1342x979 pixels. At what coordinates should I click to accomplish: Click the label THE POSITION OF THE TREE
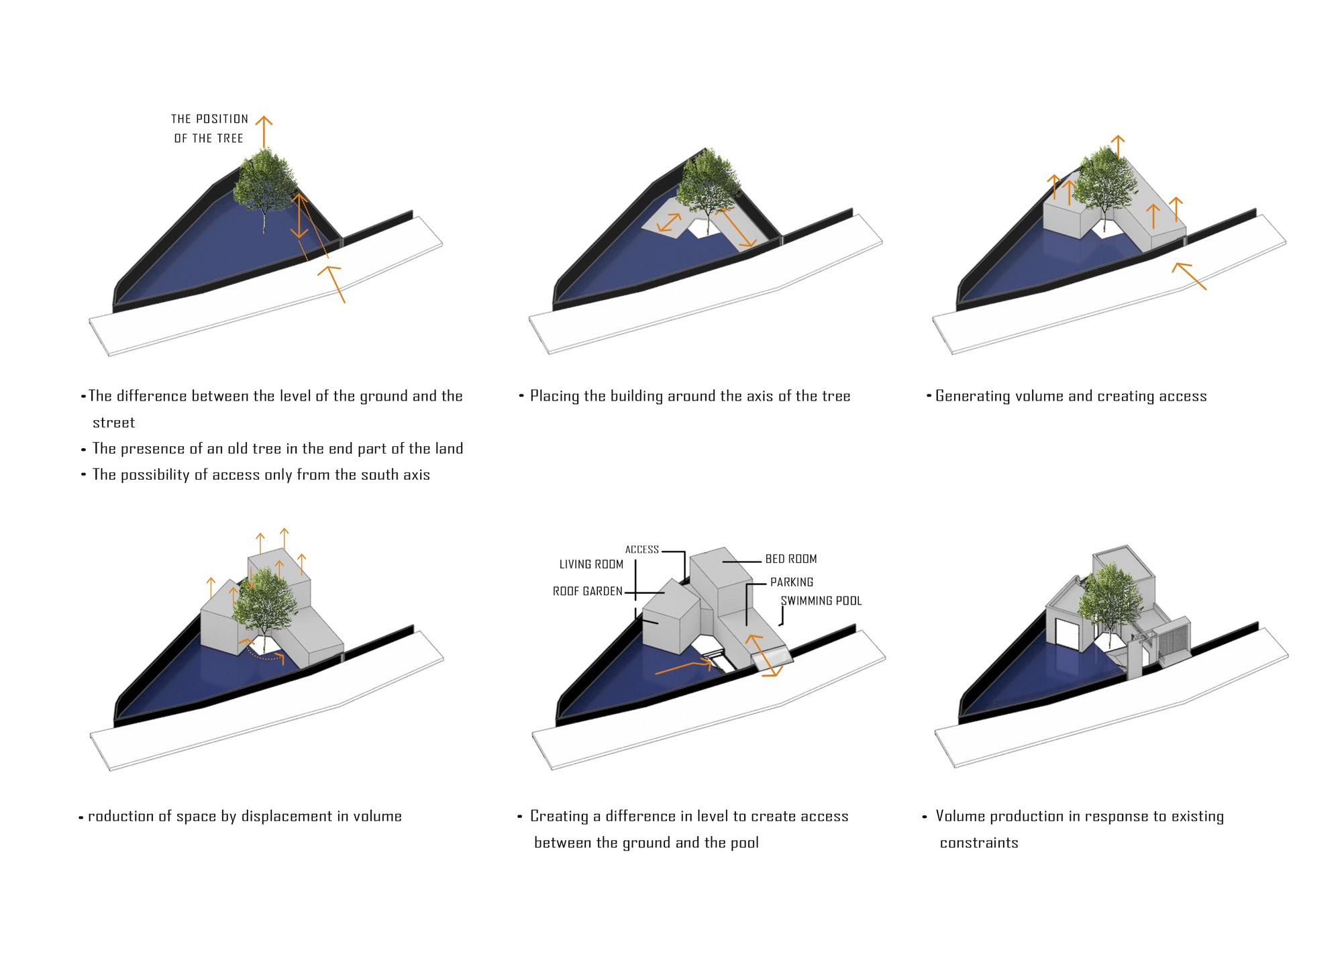click(x=209, y=128)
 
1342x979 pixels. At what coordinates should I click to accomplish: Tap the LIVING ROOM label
click(x=591, y=564)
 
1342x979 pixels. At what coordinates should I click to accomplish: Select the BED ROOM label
click(x=791, y=559)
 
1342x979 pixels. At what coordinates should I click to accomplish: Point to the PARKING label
click(x=792, y=582)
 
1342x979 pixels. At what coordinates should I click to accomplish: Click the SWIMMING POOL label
click(x=821, y=601)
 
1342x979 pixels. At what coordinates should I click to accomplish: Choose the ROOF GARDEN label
click(x=588, y=591)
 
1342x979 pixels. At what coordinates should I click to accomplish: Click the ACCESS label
click(x=642, y=550)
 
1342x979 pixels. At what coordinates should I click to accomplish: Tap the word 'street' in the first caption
click(x=113, y=423)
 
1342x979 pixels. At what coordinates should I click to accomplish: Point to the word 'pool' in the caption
click(x=744, y=843)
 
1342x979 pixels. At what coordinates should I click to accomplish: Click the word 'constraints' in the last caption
click(x=979, y=843)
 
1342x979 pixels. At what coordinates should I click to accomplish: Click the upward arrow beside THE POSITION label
click(x=264, y=132)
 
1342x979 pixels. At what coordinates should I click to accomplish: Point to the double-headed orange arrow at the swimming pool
click(x=764, y=656)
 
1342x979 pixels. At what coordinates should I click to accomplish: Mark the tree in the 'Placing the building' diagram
click(x=708, y=185)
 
